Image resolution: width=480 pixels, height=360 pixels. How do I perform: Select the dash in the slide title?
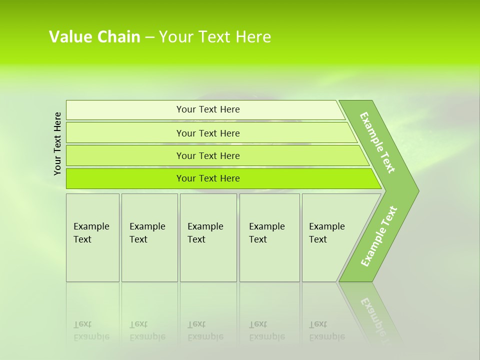point(149,37)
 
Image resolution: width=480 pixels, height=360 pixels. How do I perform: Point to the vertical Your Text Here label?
point(57,143)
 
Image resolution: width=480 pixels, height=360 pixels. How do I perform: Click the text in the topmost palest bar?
point(208,109)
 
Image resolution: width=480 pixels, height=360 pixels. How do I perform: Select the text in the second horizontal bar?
point(208,133)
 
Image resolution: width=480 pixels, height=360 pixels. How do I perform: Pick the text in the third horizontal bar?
point(208,156)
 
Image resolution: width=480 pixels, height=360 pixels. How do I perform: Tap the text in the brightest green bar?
point(208,178)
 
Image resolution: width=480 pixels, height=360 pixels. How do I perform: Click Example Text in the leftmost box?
point(91,233)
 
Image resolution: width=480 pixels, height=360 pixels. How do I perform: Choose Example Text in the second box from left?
point(147,233)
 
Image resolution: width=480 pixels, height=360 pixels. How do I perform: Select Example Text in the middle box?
point(205,233)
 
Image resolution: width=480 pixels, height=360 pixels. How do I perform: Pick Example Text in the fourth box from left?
point(266,233)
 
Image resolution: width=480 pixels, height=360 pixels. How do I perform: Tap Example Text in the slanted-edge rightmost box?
point(326,233)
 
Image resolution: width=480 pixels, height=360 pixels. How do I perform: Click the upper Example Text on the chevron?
point(377,142)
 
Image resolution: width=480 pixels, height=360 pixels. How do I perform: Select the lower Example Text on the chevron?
point(379,236)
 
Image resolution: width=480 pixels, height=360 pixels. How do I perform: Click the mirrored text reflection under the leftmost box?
point(91,330)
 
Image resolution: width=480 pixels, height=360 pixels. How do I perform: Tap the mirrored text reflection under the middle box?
point(205,330)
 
